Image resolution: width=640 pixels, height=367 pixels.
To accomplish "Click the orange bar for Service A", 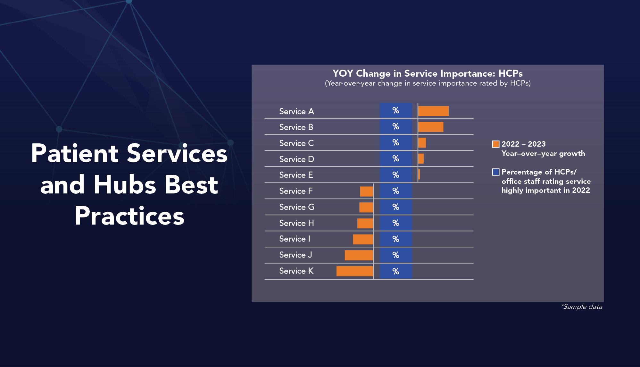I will (433, 111).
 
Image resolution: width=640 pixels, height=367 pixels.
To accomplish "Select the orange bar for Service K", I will (355, 271).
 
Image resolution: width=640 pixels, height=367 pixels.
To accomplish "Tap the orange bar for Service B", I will (431, 127).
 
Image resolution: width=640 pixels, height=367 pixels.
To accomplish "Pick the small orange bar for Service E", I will (419, 175).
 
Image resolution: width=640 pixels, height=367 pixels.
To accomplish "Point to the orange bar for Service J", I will (359, 255).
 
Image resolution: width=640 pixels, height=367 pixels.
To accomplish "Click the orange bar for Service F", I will (366, 191).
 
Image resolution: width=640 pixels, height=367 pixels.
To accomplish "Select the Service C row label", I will (296, 143).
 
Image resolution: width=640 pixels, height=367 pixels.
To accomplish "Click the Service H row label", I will (296, 223).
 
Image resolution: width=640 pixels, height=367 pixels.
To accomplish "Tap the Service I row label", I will (295, 239).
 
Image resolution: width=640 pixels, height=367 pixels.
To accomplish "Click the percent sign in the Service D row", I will (396, 158).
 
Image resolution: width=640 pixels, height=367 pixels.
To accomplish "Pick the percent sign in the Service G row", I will (396, 207).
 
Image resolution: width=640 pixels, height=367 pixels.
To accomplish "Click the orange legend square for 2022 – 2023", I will (496, 144).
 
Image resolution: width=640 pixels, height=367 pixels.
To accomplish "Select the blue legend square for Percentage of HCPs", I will (496, 172).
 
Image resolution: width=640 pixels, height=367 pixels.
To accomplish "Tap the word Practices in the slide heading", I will (129, 216).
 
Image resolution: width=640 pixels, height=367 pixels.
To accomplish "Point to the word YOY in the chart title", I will (343, 73).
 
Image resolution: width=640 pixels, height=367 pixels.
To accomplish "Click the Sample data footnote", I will (582, 307).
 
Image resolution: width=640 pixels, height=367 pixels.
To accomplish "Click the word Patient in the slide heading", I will (75, 153).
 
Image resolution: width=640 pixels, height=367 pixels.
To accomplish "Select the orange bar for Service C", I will (422, 143).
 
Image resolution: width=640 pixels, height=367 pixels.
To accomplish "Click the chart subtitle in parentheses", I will (428, 83).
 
